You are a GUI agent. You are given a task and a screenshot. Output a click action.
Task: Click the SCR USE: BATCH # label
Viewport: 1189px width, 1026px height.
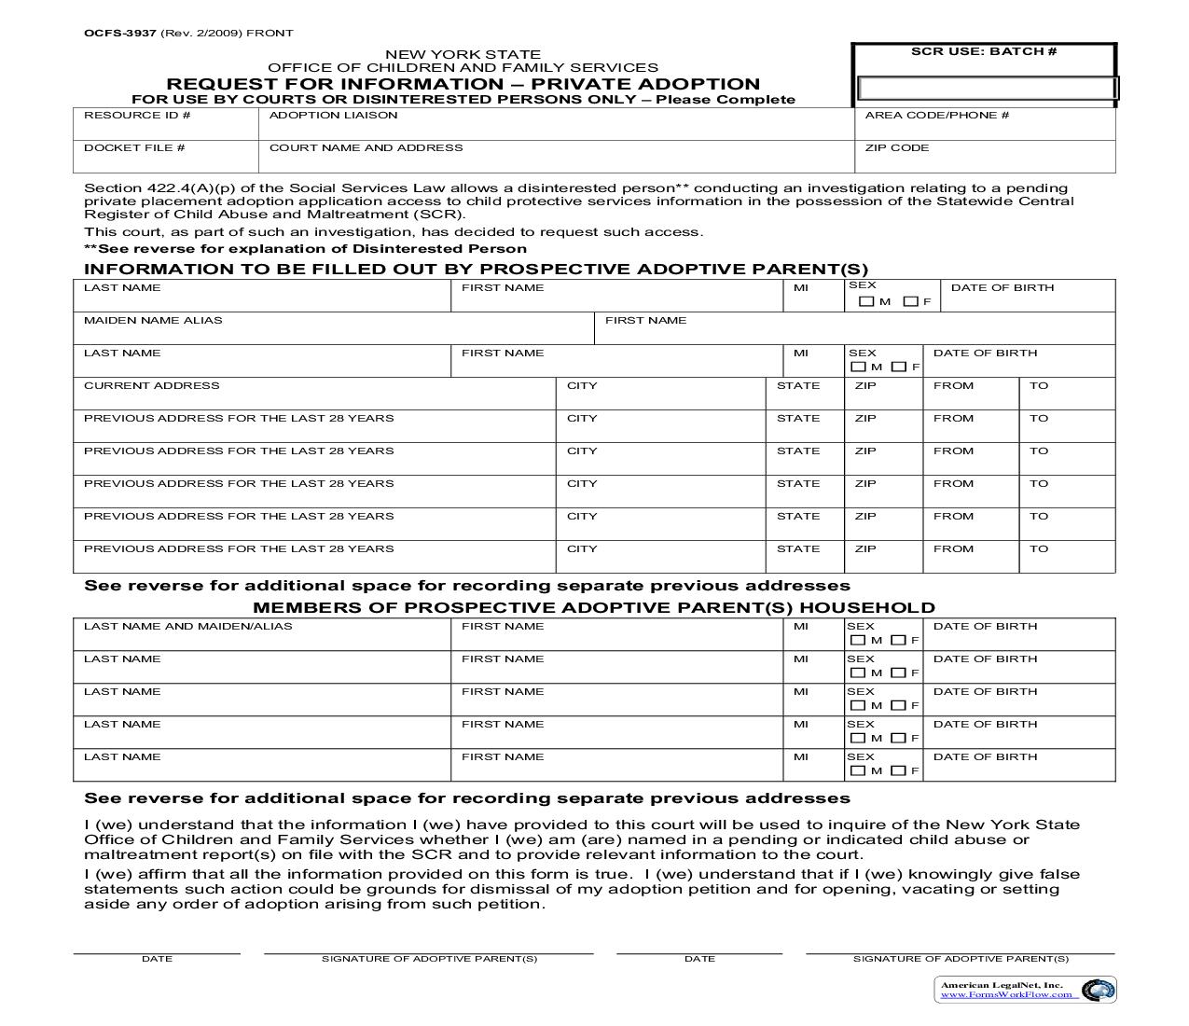tap(983, 51)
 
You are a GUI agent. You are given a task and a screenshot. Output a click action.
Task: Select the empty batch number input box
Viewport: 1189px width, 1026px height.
tap(987, 89)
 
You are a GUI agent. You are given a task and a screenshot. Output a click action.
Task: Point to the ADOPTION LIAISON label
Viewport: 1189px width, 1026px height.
tap(333, 116)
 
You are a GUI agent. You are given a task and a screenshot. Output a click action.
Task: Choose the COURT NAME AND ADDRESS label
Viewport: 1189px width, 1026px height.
tap(366, 148)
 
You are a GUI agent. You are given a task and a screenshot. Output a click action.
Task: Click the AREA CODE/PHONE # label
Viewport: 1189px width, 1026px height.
tap(937, 116)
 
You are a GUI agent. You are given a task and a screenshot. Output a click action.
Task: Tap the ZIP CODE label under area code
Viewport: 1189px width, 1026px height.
tap(896, 148)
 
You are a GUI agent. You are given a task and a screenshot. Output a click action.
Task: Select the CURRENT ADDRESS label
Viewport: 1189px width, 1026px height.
tap(151, 386)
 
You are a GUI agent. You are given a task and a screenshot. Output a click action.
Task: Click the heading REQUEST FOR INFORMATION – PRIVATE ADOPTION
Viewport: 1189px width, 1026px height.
tap(463, 84)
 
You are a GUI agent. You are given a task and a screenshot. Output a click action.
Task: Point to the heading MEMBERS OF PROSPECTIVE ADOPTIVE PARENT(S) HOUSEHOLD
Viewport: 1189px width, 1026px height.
tap(593, 608)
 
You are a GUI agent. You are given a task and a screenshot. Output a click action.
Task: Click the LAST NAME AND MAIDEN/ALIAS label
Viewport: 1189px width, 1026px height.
tap(187, 627)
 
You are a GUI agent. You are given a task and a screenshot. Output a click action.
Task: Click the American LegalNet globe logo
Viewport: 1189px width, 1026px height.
tap(1098, 991)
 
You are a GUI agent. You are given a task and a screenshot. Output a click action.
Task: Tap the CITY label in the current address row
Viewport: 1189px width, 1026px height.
tap(582, 386)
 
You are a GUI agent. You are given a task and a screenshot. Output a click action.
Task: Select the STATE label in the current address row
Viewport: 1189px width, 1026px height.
tap(798, 386)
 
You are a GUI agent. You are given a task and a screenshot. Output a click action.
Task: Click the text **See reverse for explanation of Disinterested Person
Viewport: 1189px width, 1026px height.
tap(305, 249)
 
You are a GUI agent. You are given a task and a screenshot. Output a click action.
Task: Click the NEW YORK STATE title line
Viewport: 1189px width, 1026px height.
tap(463, 55)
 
